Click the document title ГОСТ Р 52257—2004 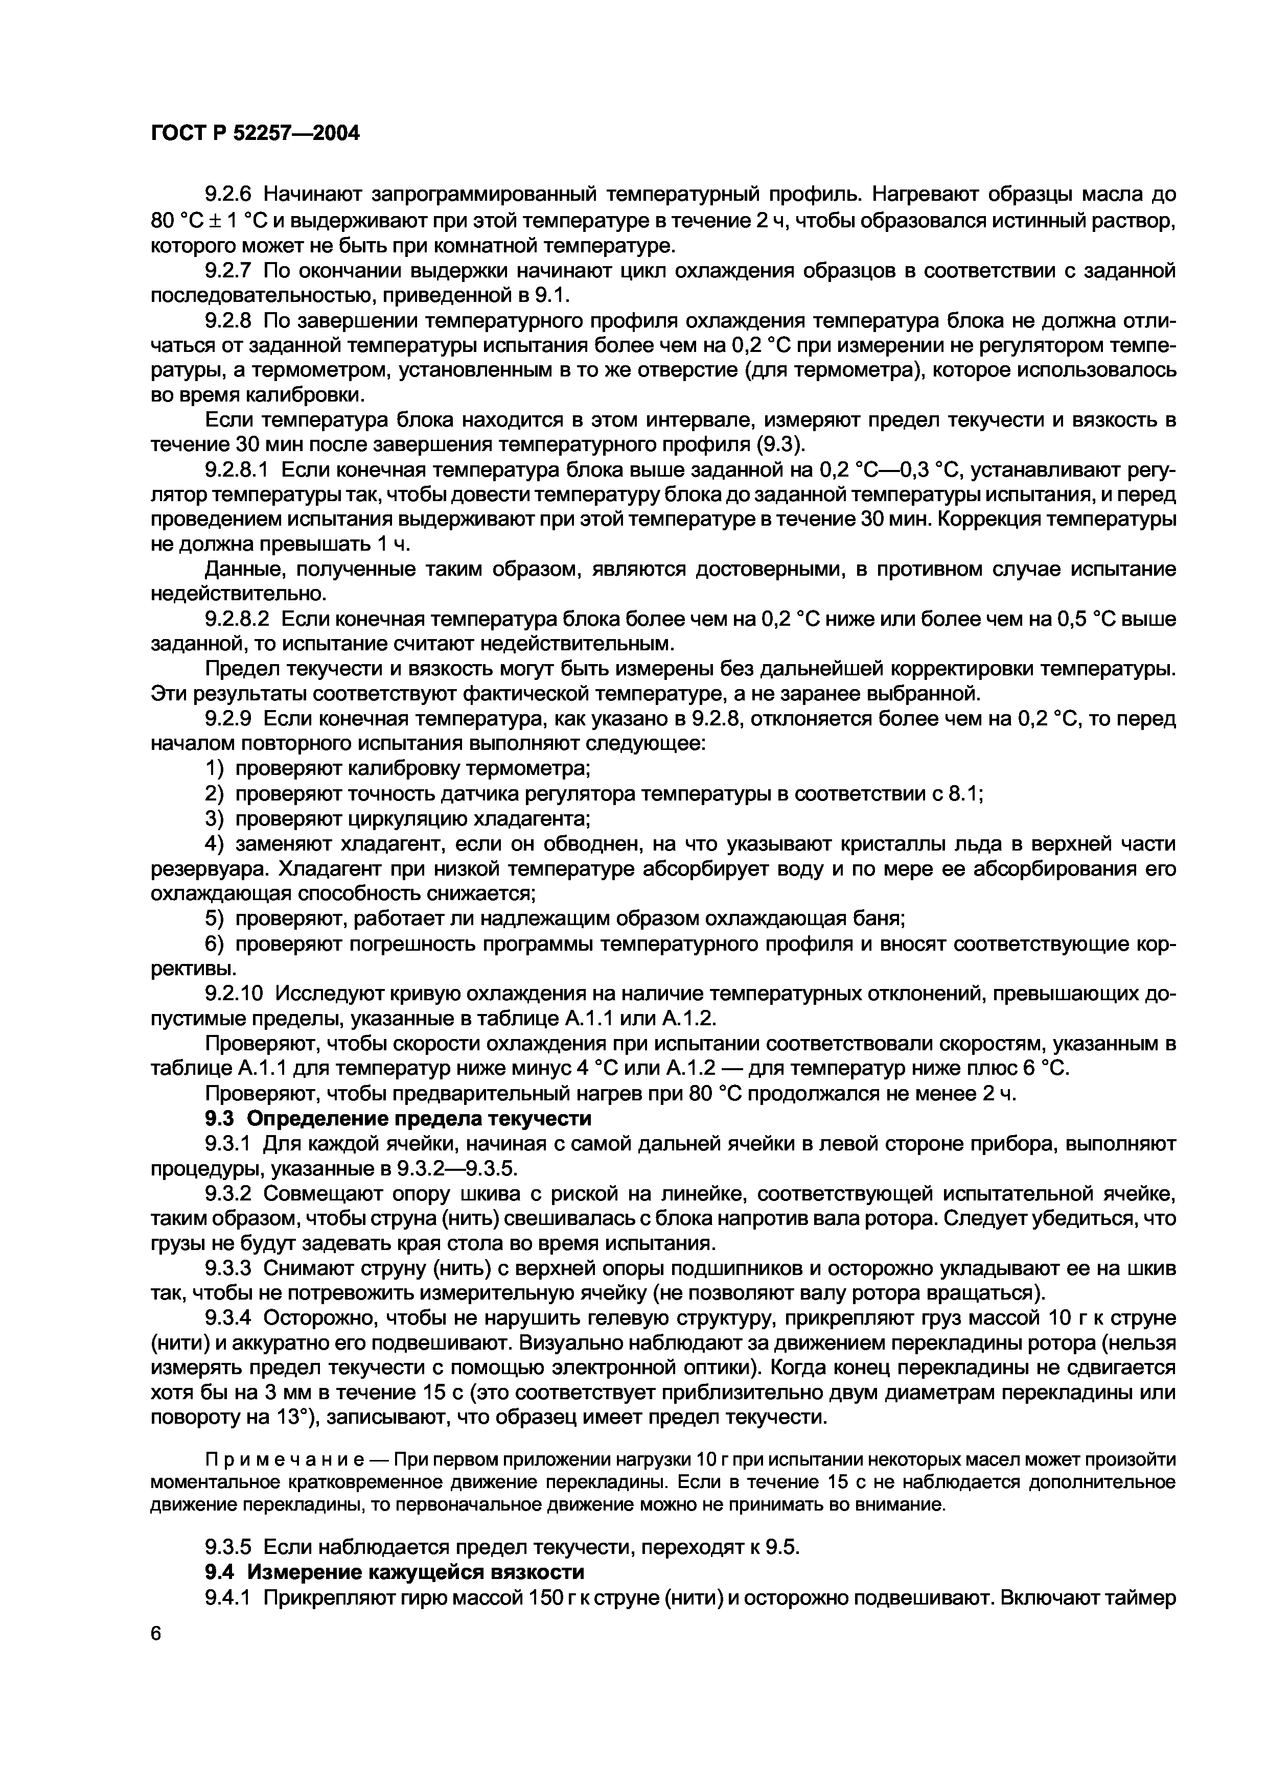(x=255, y=133)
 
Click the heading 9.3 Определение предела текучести (x=398, y=1118)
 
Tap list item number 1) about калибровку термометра (x=214, y=769)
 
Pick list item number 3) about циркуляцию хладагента (x=214, y=819)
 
